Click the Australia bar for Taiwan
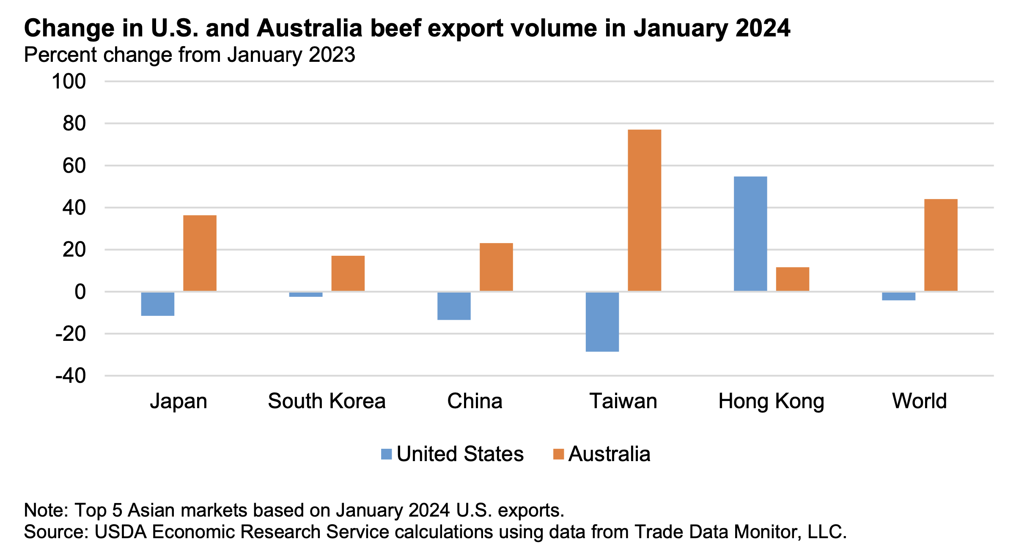tap(644, 210)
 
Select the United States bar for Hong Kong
tap(750, 234)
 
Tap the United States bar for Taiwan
tap(602, 322)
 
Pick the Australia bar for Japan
tap(200, 253)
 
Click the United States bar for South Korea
tap(305, 294)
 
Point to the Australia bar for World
tap(941, 245)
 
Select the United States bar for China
tap(454, 306)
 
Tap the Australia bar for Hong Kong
tap(792, 279)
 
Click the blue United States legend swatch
tap(386, 454)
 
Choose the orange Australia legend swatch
tap(558, 454)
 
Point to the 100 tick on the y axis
tap(69, 81)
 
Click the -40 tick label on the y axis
tap(71, 376)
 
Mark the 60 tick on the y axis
tap(74, 166)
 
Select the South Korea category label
tap(327, 401)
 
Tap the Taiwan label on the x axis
tap(623, 401)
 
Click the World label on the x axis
tap(920, 401)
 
